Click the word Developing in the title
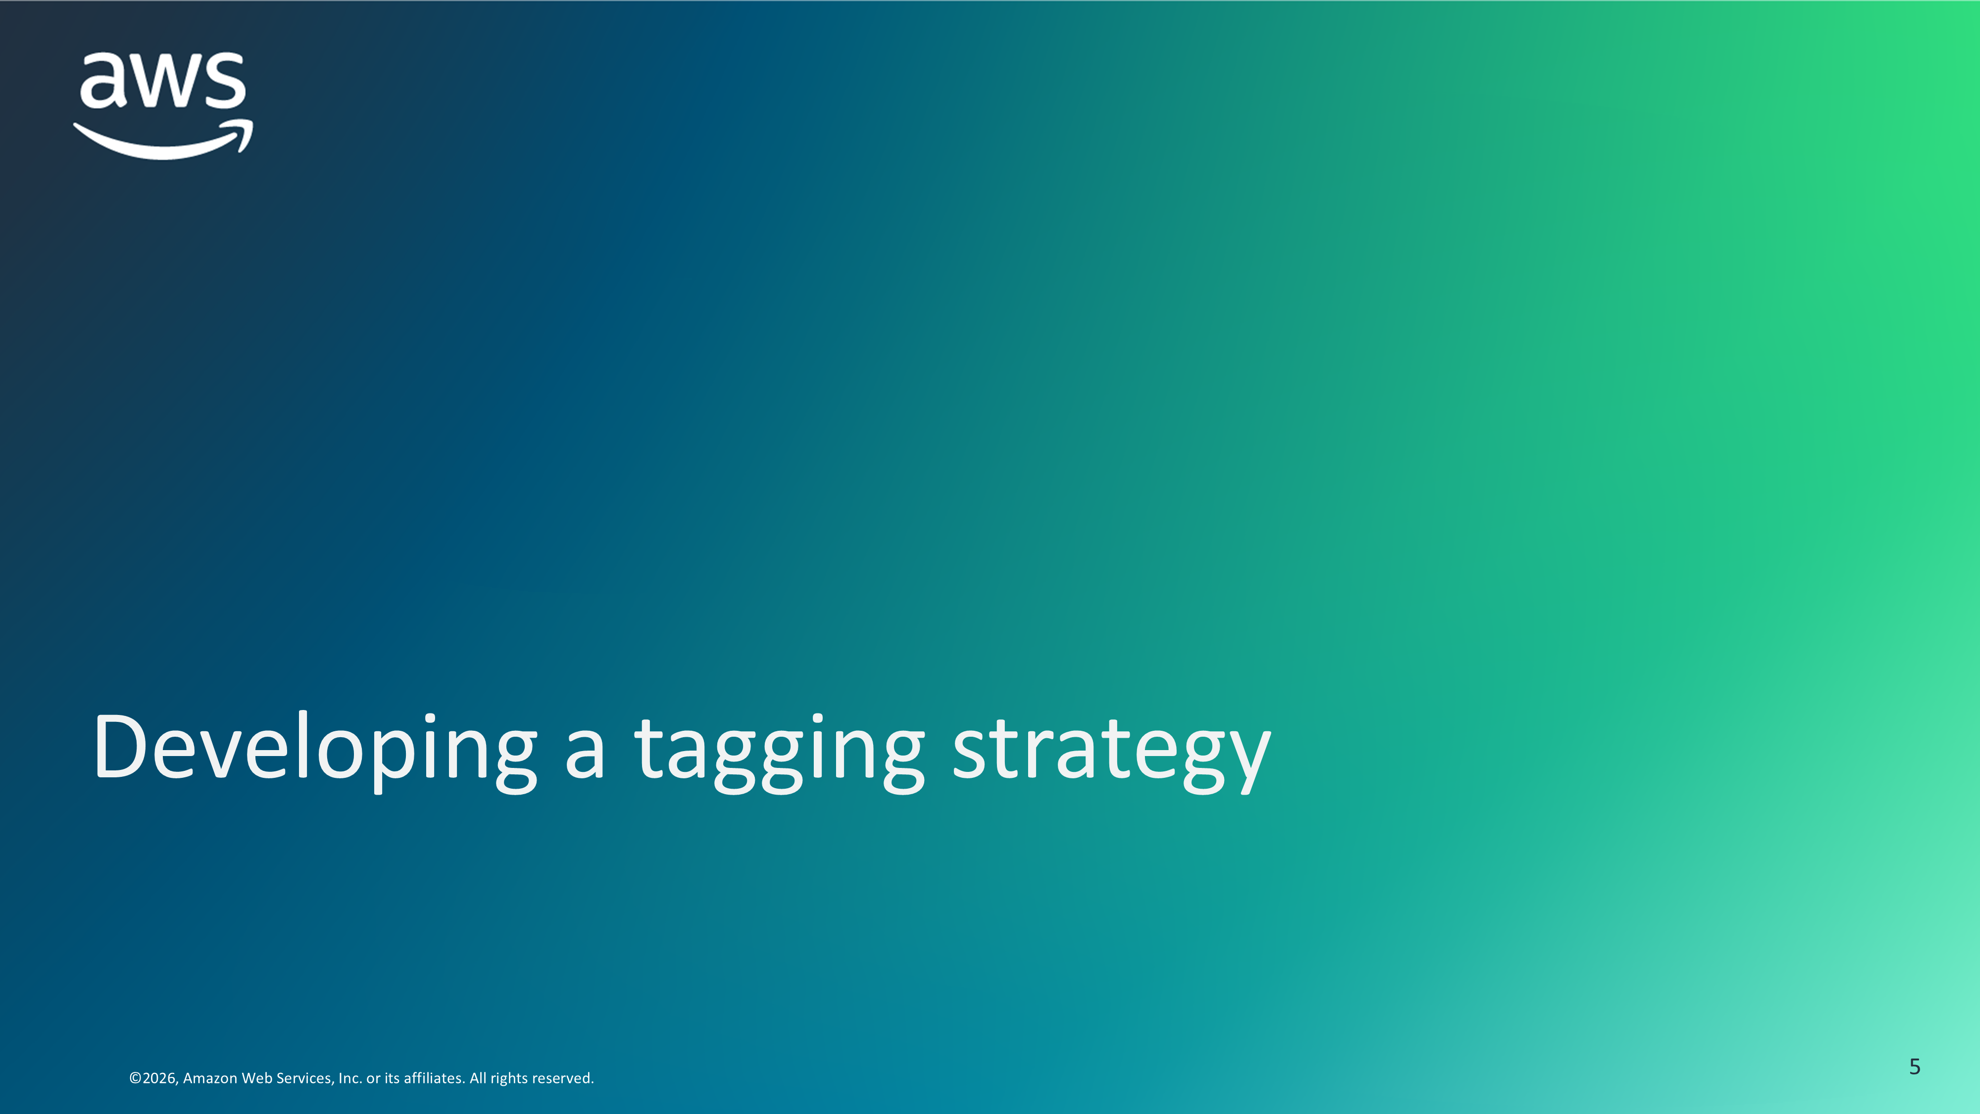click(x=315, y=750)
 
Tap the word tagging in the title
click(x=780, y=754)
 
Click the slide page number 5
click(x=1915, y=1066)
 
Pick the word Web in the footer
click(x=256, y=1078)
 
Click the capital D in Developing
click(x=119, y=746)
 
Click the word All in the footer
click(x=478, y=1078)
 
